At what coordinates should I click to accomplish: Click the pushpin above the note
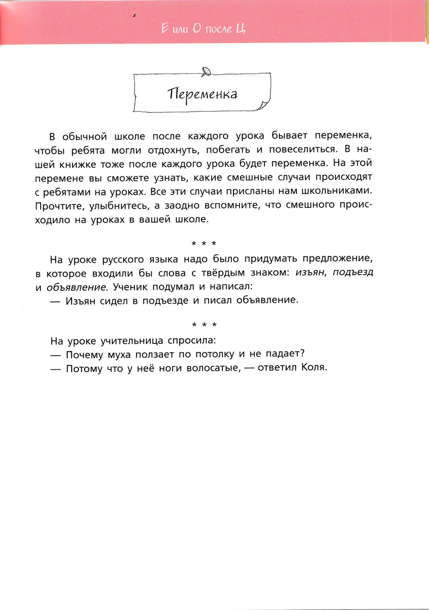(x=207, y=71)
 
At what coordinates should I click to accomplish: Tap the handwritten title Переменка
(x=202, y=94)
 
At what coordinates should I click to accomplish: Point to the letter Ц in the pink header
(x=241, y=29)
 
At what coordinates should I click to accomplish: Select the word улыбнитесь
(x=119, y=205)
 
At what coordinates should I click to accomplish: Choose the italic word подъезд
(x=353, y=272)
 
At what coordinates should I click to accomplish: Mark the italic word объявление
(x=76, y=287)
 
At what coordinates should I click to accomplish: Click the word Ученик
(x=130, y=287)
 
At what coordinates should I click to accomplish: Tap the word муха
(x=119, y=355)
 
